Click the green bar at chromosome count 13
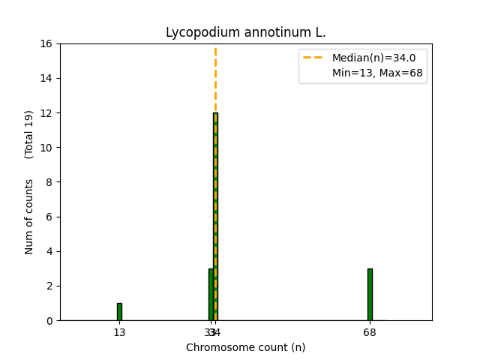point(119,311)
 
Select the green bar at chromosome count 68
point(370,294)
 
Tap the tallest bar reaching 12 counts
point(215,217)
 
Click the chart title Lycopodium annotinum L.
point(245,33)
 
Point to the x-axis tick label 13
point(119,332)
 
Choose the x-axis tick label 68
point(370,332)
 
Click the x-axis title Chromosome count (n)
point(245,347)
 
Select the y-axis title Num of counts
point(29,216)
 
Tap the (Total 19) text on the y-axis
point(29,134)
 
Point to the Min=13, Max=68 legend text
point(377,73)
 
